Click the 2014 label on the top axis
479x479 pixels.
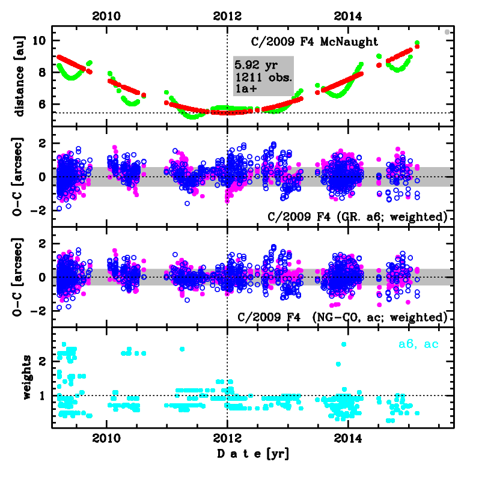coord(348,16)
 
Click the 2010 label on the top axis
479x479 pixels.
coord(106,16)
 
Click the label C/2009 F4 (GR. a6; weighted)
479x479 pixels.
coord(343,215)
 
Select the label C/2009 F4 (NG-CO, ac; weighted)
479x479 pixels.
coord(343,316)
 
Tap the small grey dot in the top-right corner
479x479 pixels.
coord(447,32)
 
